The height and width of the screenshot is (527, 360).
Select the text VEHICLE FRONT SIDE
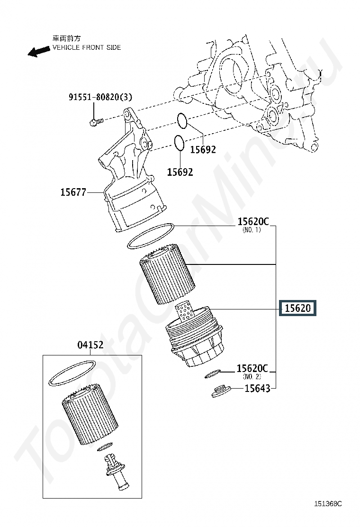coord(86,47)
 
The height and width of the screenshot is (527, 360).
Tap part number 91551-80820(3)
coord(100,97)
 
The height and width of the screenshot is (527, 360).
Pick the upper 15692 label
coord(203,150)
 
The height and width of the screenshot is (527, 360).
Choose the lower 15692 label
coord(180,172)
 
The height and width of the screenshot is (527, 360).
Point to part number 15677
coord(73,192)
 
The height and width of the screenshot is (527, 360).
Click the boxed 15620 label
coord(297,309)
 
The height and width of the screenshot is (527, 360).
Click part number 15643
coord(257,389)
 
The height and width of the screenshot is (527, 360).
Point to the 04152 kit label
coord(90,345)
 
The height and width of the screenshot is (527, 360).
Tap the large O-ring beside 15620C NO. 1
coord(152,236)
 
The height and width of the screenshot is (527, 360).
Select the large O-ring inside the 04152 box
coord(72,373)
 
